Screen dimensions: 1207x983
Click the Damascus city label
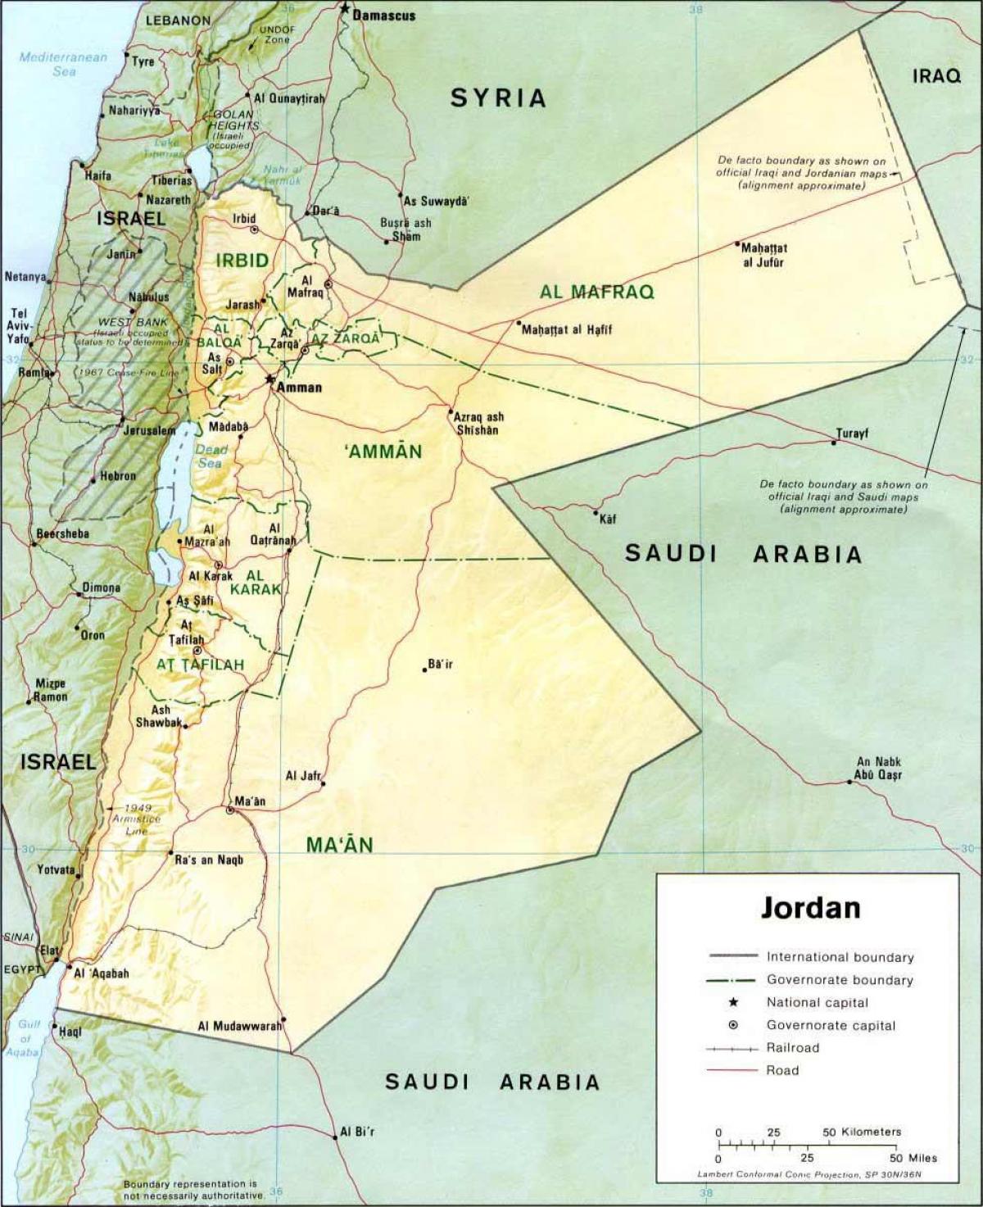383,16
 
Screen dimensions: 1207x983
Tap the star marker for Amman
270,379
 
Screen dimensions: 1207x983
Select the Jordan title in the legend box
811,908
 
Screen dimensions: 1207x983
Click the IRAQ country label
936,76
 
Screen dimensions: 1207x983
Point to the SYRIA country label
498,98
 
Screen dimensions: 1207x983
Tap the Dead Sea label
211,456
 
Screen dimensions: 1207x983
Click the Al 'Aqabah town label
102,973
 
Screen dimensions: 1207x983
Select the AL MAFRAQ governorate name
596,292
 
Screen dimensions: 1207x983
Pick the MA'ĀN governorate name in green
340,845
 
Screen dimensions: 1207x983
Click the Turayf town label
852,433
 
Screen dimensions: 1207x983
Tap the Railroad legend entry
792,1047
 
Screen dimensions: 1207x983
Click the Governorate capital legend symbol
732,1025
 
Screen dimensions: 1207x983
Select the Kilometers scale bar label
862,1132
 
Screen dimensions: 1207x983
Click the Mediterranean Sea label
63,64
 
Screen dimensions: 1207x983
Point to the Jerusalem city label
149,430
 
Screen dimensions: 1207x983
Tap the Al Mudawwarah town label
239,1026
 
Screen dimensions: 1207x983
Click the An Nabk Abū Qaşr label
878,768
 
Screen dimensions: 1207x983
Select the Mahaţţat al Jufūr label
763,255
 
